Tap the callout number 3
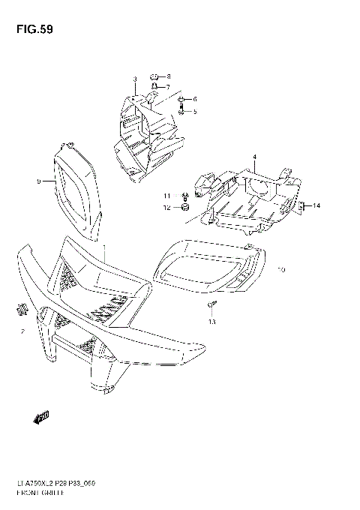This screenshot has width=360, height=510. pyautogui.click(x=134, y=79)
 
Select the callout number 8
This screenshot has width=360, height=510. pyautogui.click(x=169, y=76)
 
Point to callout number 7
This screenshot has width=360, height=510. pyautogui.click(x=169, y=87)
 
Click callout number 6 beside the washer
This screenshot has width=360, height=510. pyautogui.click(x=194, y=99)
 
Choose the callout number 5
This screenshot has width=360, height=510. pyautogui.click(x=194, y=112)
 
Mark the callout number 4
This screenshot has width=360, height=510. pyautogui.click(x=254, y=157)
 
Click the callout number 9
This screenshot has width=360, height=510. pyautogui.click(x=37, y=181)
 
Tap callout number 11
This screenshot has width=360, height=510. pyautogui.click(x=169, y=196)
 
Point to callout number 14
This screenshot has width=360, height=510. pyautogui.click(x=316, y=205)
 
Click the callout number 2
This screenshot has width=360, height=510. pyautogui.click(x=23, y=331)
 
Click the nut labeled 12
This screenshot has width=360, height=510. pyautogui.click(x=185, y=207)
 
